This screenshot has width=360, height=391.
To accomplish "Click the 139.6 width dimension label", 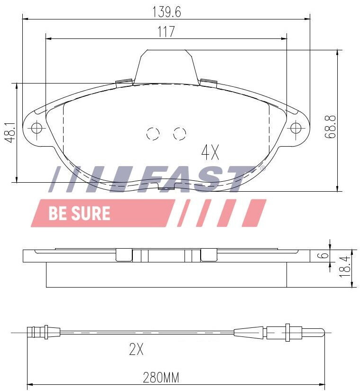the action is [166, 12].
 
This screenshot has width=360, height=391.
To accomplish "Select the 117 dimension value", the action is [166, 32].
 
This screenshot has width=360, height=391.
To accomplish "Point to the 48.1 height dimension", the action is [10, 132].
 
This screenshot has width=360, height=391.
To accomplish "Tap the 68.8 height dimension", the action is [331, 127].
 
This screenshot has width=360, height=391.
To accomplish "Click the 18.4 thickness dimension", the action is [345, 267].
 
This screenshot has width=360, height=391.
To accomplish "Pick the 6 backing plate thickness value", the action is [324, 255].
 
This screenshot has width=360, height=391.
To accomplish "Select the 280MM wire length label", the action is [161, 378].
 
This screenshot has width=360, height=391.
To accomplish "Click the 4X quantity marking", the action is [210, 153].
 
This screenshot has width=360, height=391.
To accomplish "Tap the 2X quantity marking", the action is [137, 349].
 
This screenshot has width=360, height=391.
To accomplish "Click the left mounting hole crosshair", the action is [37, 129].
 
